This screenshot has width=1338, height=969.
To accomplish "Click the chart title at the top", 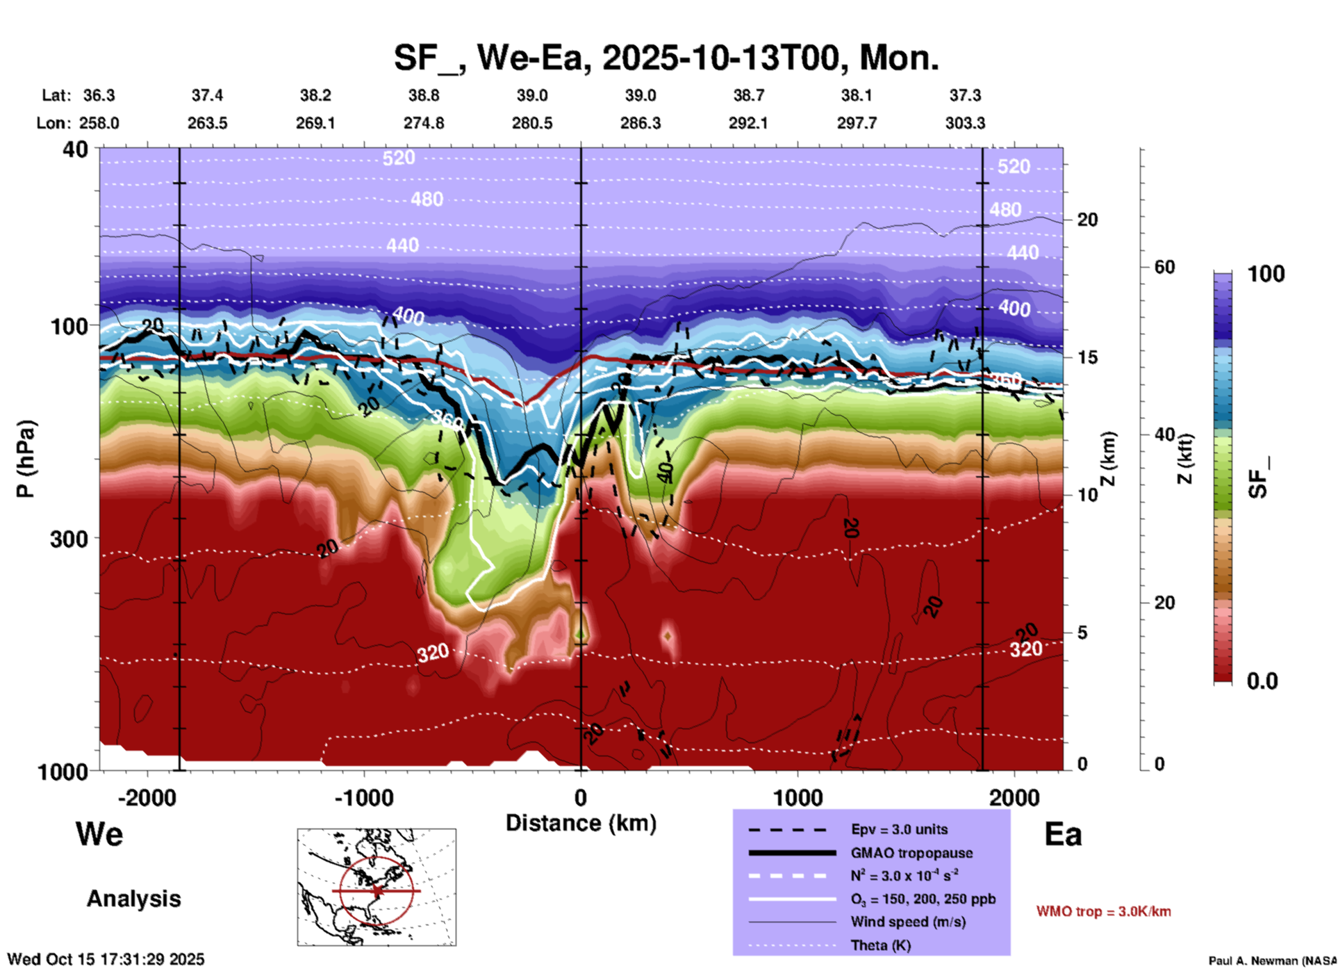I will coord(666,58).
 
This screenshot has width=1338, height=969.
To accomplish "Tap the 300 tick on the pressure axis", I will coord(70,539).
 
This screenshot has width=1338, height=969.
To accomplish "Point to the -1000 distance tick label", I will coord(363,798).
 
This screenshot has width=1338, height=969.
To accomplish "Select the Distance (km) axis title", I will coord(581,823).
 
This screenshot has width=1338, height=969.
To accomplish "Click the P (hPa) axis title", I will coord(26,459).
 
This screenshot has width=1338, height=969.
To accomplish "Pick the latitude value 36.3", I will coord(99,95).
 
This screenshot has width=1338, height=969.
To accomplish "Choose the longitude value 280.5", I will coord(532,123).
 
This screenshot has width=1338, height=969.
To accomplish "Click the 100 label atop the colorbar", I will coord(1266,274).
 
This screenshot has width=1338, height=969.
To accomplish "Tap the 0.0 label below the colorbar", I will coord(1262,681).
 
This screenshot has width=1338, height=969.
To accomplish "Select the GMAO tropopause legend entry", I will coord(911,853).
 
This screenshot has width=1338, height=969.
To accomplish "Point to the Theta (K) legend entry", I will coord(880,945).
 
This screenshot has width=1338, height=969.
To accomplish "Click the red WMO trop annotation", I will coord(1103,911).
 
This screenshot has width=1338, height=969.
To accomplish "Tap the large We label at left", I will coord(99,834).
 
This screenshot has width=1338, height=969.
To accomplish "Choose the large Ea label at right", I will coord(1063,834).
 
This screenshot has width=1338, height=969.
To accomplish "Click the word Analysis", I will coord(133,899).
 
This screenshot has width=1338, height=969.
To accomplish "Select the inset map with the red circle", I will coord(377,887).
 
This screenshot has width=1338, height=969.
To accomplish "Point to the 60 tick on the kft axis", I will coord(1164,267).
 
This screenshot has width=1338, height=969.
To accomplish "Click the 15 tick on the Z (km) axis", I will coord(1087,357).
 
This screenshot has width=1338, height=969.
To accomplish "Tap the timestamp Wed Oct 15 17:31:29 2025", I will coord(106,959).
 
